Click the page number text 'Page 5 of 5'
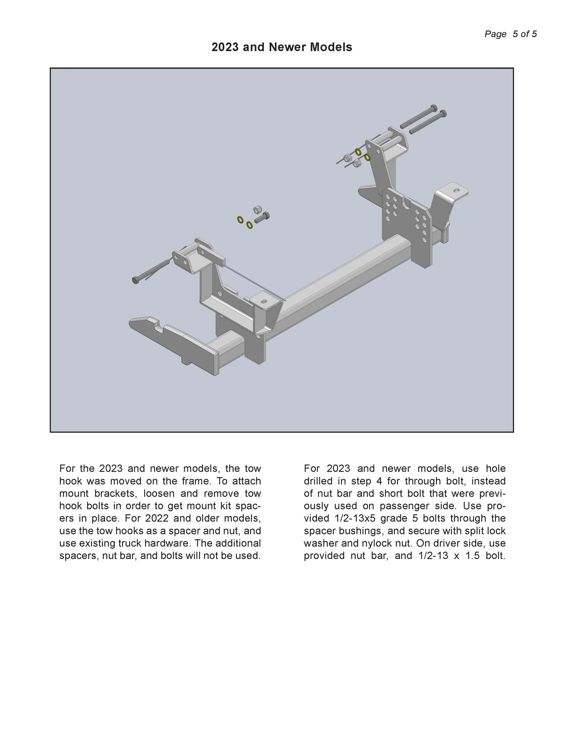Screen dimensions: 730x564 (x=510, y=34)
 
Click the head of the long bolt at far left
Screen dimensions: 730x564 (x=136, y=280)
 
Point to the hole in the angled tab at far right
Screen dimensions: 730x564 (x=455, y=191)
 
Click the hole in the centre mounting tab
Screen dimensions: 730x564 (x=264, y=302)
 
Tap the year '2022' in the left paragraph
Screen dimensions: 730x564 (x=158, y=518)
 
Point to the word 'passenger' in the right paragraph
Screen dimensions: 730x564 (x=399, y=506)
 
